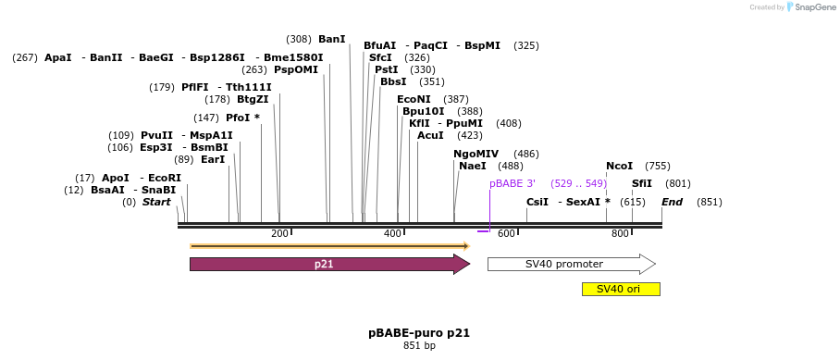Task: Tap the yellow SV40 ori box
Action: pyautogui.click(x=620, y=289)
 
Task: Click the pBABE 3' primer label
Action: pyautogui.click(x=513, y=183)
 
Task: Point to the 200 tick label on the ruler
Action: pyautogui.click(x=279, y=233)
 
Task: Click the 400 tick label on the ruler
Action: pyautogui.click(x=392, y=233)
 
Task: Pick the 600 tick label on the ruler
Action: pyautogui.click(x=506, y=233)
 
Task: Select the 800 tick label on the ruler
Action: pyautogui.click(x=620, y=233)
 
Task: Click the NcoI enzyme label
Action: pyautogui.click(x=619, y=166)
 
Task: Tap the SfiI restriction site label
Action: pyautogui.click(x=641, y=183)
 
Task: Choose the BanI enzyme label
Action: pyautogui.click(x=331, y=40)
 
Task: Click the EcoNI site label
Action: pyautogui.click(x=414, y=99)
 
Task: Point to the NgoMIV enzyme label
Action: pyautogui.click(x=476, y=154)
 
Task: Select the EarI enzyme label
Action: pyautogui.click(x=213, y=159)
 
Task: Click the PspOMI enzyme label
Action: pyautogui.click(x=295, y=69)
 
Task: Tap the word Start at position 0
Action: pyautogui.click(x=156, y=202)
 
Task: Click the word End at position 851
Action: pyautogui.click(x=672, y=202)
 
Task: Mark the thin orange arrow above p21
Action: pyautogui.click(x=328, y=246)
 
